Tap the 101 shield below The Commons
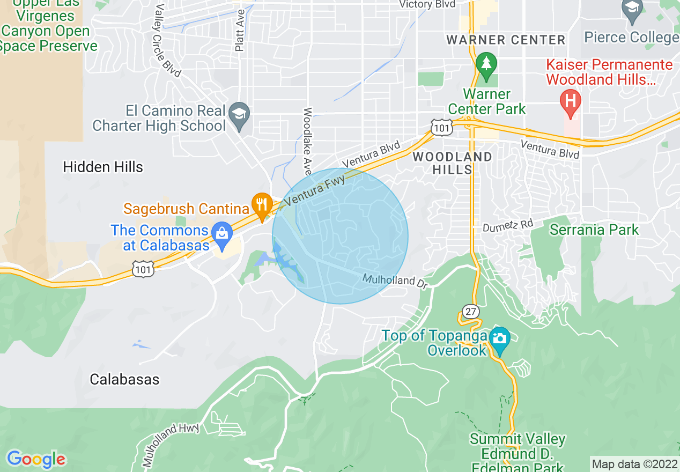pos(144,269)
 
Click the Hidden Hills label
pos(103,167)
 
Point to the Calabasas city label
pos(124,380)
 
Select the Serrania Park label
pos(594,230)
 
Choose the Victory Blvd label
pos(427,4)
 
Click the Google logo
pos(36,459)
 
